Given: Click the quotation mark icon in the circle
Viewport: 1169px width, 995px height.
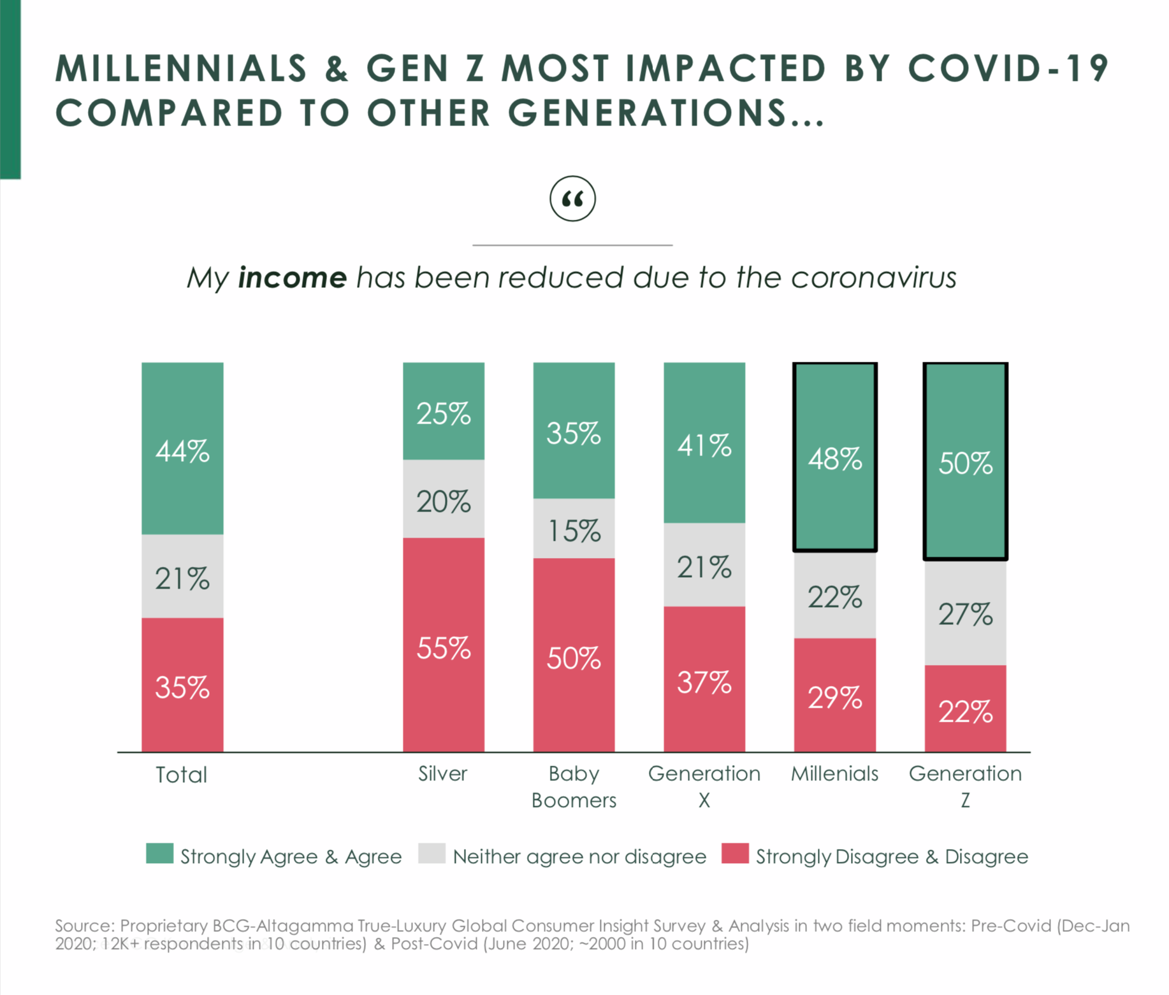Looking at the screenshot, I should click(572, 199).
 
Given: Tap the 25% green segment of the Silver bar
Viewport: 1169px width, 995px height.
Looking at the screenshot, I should click(443, 412).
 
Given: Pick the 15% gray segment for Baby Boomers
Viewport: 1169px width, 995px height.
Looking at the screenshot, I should click(574, 529).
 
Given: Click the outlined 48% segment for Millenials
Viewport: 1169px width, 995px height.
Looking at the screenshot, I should click(834, 457).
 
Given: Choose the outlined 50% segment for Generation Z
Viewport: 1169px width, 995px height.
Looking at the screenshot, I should click(965, 461).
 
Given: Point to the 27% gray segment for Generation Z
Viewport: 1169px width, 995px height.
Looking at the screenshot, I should click(965, 613).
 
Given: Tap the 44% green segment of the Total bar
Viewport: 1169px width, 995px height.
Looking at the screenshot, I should click(182, 448).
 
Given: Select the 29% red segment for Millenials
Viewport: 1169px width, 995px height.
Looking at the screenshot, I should click(834, 695).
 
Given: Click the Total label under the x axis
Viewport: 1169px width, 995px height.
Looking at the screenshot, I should click(182, 775).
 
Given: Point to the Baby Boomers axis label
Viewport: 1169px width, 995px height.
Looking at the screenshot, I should click(574, 787).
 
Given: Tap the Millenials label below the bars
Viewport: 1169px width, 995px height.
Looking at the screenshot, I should click(834, 773).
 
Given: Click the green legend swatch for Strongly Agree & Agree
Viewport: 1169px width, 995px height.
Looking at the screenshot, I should click(159, 854).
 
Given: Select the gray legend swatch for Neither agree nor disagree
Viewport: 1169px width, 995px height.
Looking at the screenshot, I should click(432, 854).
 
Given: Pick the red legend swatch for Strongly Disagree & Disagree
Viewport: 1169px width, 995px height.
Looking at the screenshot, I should click(735, 854).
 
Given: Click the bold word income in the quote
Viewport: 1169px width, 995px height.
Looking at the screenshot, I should click(292, 278).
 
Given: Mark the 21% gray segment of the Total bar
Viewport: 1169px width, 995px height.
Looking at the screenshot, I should click(182, 576).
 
